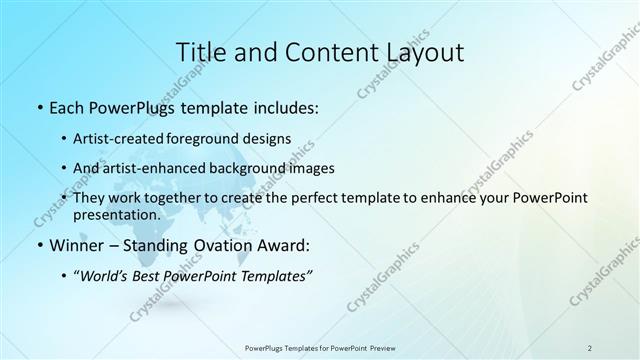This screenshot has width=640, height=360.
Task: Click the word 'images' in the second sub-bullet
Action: pyautogui.click(x=312, y=168)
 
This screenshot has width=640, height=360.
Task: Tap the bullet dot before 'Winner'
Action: pyautogui.click(x=38, y=245)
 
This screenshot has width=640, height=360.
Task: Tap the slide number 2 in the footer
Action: pyautogui.click(x=590, y=347)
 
